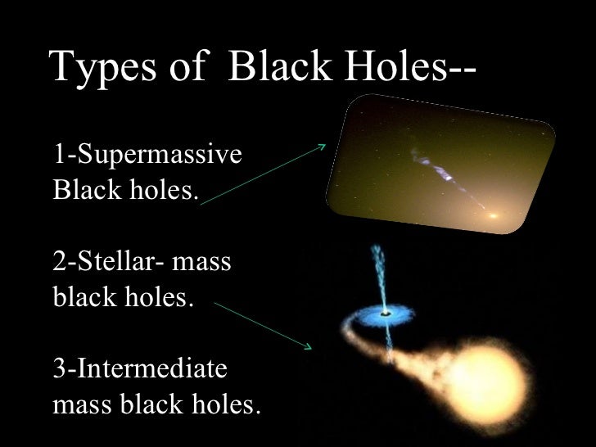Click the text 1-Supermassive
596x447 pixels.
pyautogui.click(x=148, y=154)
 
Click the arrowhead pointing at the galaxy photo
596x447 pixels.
pyautogui.click(x=321, y=149)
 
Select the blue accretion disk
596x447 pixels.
pyautogui.click(x=382, y=313)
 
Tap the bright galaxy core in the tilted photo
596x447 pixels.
pyautogui.click(x=493, y=217)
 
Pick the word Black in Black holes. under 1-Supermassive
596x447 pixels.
pyautogui.click(x=83, y=193)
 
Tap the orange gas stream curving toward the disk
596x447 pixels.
pyautogui.click(x=360, y=344)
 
